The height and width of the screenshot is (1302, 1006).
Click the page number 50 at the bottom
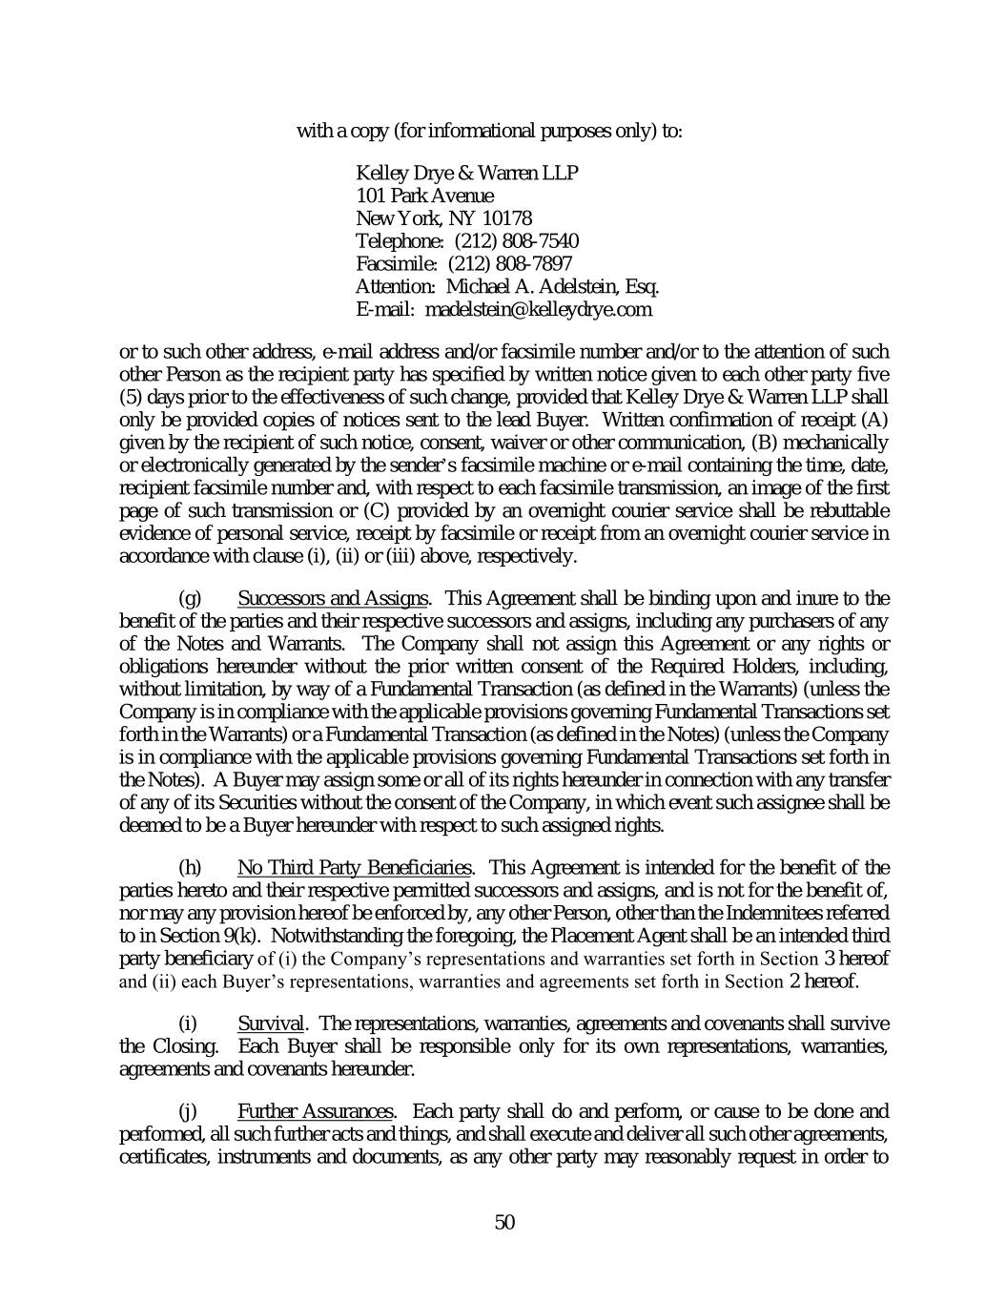coord(504,1222)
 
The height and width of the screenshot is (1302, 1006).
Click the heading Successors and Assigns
coord(332,599)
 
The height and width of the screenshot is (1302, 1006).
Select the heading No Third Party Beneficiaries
coord(354,868)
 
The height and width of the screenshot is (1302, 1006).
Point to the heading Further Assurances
coord(315,1112)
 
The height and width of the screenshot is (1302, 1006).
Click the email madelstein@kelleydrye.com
coord(538,309)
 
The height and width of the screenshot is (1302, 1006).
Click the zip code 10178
coord(506,218)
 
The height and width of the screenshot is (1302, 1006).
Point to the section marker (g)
coord(191,599)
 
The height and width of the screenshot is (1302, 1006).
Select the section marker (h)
coord(191,868)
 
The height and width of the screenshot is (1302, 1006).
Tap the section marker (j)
coord(188,1112)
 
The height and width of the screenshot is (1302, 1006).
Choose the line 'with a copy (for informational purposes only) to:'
coord(489,131)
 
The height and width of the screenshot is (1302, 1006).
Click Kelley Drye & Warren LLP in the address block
coord(466,173)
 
